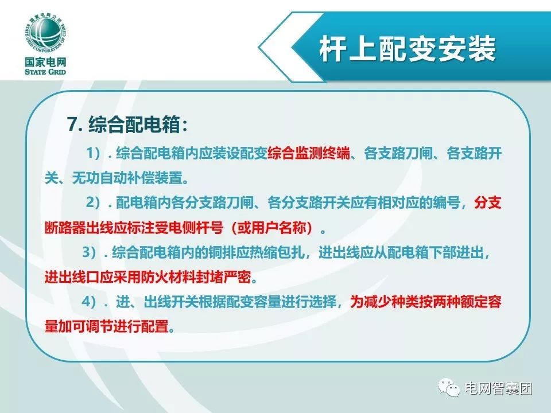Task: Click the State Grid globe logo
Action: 45,35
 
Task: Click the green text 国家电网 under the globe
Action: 45,63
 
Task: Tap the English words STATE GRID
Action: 45,72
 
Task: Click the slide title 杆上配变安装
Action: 408,49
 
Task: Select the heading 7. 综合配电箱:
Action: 128,124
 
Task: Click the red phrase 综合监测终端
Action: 309,153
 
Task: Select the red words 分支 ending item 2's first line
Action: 488,202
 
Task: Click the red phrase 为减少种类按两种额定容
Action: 425,302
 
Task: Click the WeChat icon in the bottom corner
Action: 449,387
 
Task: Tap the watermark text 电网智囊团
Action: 499,388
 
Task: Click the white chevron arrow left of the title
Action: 281,47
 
